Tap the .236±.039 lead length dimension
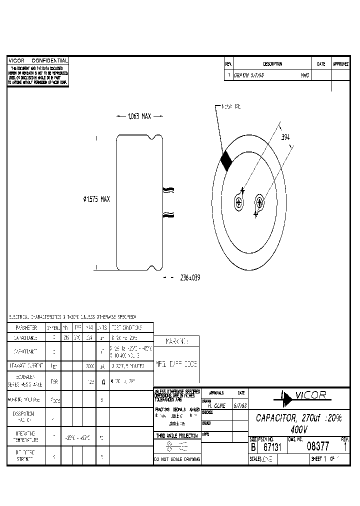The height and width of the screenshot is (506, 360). (189, 278)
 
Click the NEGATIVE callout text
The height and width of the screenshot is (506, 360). (231, 106)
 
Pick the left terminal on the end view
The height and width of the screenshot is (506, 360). (238, 202)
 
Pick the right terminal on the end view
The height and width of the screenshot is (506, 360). (259, 202)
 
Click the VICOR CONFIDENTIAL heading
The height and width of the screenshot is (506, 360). (38, 60)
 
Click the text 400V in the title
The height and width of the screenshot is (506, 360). (298, 429)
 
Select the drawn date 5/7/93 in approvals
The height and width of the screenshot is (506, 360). (239, 405)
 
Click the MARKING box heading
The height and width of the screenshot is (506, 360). (176, 341)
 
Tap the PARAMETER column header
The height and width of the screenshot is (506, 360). (26, 328)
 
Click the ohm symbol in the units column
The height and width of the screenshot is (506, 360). (102, 381)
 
